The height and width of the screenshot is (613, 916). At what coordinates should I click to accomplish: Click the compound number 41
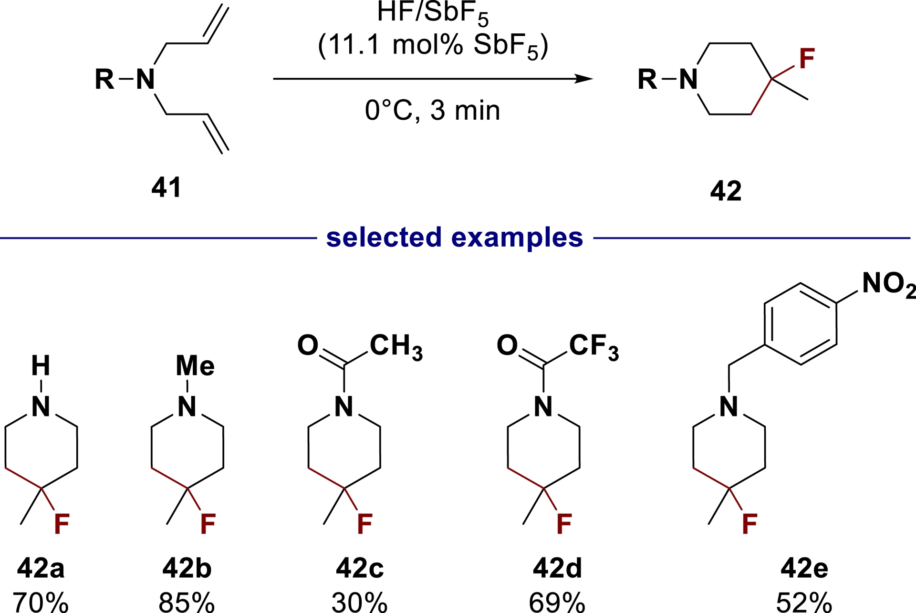point(167,187)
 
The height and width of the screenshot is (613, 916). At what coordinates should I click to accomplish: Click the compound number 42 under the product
point(726,191)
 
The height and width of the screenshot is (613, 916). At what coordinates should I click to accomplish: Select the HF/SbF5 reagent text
point(432,13)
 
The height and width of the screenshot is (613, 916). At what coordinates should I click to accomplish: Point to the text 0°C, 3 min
point(432,110)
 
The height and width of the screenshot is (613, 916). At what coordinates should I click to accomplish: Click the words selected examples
point(454,237)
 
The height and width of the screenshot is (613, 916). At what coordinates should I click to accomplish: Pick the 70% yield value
point(41,602)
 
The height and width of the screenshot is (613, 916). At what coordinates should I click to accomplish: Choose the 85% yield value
point(187,602)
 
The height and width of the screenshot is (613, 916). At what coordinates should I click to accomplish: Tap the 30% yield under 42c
point(359,602)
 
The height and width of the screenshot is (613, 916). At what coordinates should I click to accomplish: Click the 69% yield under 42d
point(557,602)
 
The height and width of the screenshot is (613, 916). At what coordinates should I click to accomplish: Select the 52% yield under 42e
point(804,602)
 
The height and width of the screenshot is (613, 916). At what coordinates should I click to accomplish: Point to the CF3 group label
point(593,346)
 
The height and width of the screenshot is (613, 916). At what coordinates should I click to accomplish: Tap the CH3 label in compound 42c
point(396,346)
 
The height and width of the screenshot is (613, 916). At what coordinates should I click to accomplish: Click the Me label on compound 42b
point(195,366)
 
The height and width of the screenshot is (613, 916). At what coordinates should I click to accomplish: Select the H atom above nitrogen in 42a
point(41,366)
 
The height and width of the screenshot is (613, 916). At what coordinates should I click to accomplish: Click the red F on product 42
point(807,59)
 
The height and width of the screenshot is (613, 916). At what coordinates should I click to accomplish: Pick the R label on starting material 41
point(104,79)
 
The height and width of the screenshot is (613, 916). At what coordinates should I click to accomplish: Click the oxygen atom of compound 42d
point(507,345)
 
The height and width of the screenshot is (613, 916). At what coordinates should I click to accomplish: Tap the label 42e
point(804,568)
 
